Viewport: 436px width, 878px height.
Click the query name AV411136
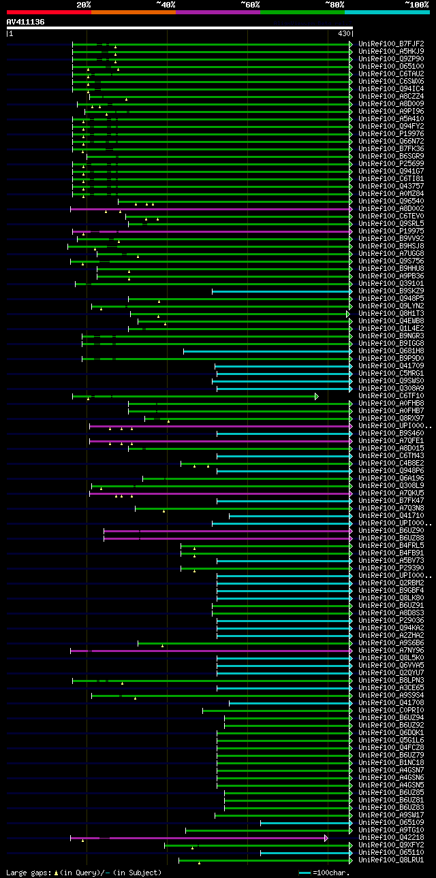click(x=26, y=22)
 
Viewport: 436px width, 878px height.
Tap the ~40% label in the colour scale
click(x=166, y=4)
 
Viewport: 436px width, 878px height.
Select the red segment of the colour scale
click(x=48, y=12)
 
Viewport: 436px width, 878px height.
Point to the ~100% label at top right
click(x=416, y=4)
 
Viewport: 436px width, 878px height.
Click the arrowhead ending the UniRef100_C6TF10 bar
click(x=317, y=396)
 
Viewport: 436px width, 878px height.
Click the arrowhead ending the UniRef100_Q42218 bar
click(x=326, y=838)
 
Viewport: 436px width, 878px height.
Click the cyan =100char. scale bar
click(x=305, y=873)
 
